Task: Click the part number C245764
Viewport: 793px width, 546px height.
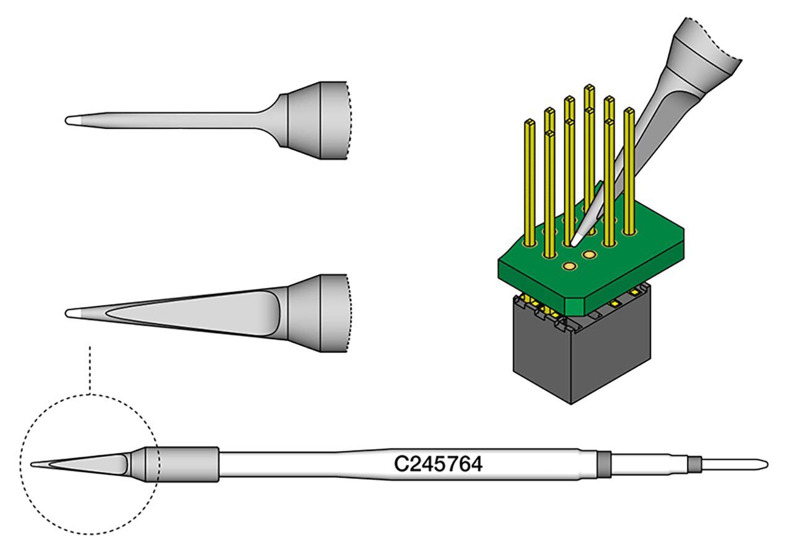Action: tap(438, 464)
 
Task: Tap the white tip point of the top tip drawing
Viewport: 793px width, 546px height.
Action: tap(71, 120)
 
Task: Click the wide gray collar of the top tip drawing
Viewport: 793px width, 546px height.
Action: tap(316, 120)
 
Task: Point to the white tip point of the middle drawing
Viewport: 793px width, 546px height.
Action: tap(71, 313)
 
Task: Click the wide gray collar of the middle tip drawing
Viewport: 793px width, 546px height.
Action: tap(316, 313)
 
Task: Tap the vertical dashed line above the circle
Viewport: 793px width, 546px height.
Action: tap(90, 369)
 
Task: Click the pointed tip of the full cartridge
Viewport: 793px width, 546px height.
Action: tap(33, 463)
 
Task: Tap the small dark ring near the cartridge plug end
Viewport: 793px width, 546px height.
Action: tap(695, 463)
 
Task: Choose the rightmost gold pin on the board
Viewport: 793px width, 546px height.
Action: tap(629, 171)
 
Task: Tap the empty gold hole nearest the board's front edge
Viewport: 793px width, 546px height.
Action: tap(569, 266)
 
